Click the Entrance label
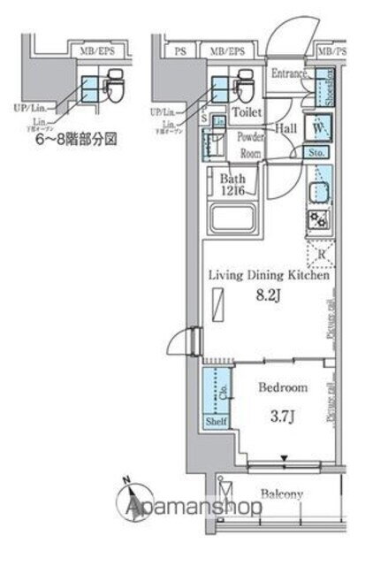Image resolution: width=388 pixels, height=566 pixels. click(287, 73)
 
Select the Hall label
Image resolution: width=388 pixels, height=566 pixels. click(285, 127)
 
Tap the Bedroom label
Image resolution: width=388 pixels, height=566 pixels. click(283, 387)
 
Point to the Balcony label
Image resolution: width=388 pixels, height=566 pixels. click(282, 494)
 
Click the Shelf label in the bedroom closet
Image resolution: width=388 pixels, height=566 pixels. click(217, 422)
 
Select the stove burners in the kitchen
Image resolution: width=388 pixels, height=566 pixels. click(318, 221)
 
